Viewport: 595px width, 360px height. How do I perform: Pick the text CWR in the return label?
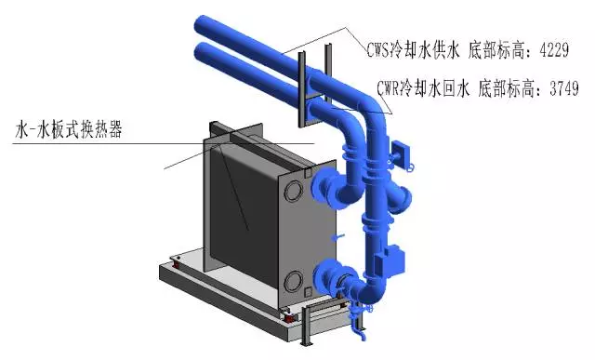point(389,89)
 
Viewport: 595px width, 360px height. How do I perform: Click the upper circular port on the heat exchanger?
point(294,192)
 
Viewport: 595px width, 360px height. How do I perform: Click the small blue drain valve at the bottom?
point(359,327)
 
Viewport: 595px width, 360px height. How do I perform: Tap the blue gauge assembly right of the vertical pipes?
point(401,154)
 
